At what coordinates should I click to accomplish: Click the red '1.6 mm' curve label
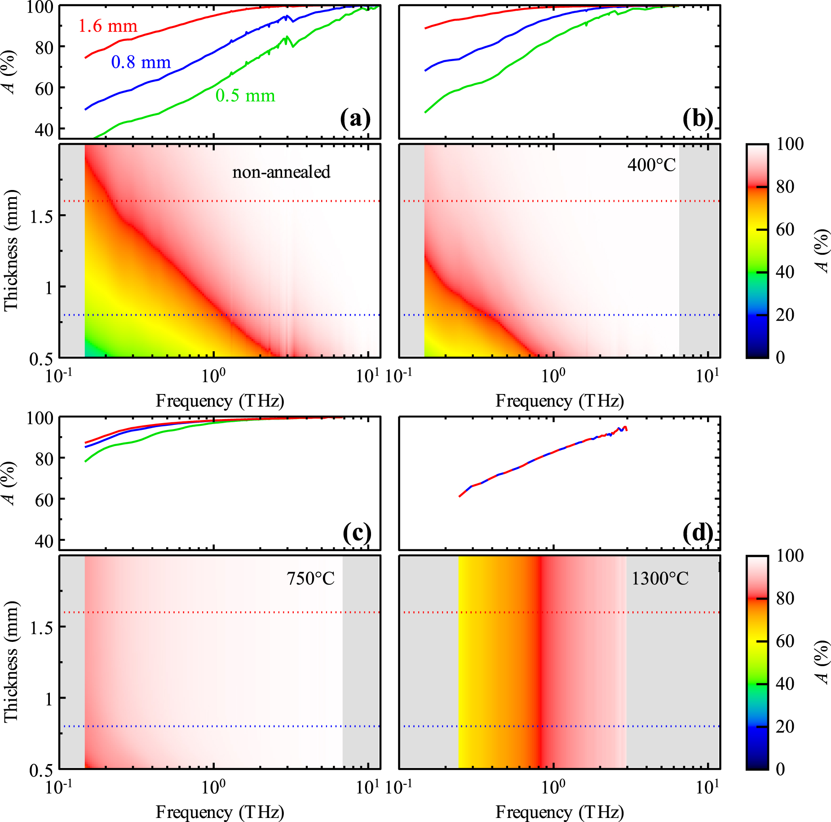pyautogui.click(x=107, y=27)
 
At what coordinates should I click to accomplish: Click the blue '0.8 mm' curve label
pyautogui.click(x=141, y=62)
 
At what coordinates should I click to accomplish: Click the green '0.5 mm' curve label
pyautogui.click(x=245, y=96)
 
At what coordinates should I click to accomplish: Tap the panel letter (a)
pyautogui.click(x=355, y=119)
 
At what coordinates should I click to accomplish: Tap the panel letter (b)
pyautogui.click(x=698, y=119)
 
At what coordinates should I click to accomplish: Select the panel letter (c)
pyautogui.click(x=357, y=533)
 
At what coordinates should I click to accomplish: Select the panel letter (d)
pyautogui.click(x=698, y=533)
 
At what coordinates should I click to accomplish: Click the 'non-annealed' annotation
pyautogui.click(x=281, y=172)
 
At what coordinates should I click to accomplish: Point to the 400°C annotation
pyautogui.click(x=651, y=165)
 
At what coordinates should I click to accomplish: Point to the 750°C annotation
pyautogui.click(x=310, y=579)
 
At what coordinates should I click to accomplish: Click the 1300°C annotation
pyautogui.click(x=659, y=579)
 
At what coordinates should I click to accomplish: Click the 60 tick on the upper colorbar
pyautogui.click(x=785, y=230)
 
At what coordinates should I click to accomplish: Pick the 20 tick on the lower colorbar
pyautogui.click(x=785, y=726)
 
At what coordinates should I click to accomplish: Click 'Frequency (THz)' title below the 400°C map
pyautogui.click(x=560, y=401)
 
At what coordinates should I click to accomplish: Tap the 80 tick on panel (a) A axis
pyautogui.click(x=44, y=47)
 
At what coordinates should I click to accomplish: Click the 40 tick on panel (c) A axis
pyautogui.click(x=44, y=541)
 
